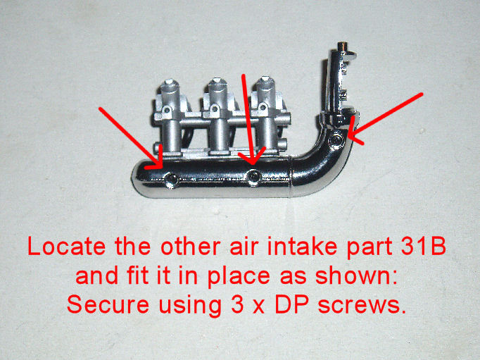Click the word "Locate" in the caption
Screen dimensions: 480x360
pyautogui.click(x=67, y=247)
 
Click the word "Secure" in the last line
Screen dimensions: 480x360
pyautogui.click(x=108, y=304)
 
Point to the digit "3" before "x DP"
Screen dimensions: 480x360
pyautogui.click(x=237, y=304)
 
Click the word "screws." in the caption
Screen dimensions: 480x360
pyautogui.click(x=362, y=305)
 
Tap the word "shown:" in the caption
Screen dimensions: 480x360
pyautogui.click(x=356, y=275)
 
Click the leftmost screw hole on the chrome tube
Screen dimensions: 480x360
pyautogui.click(x=171, y=180)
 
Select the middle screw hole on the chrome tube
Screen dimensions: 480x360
pyautogui.click(x=253, y=177)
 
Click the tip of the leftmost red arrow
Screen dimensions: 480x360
pyautogui.click(x=162, y=168)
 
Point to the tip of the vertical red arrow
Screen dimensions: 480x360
pyautogui.click(x=252, y=165)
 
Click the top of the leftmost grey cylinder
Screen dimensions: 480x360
pyautogui.click(x=169, y=82)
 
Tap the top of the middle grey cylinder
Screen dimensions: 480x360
pyautogui.click(x=217, y=80)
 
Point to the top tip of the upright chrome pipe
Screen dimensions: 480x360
pyautogui.click(x=342, y=44)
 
